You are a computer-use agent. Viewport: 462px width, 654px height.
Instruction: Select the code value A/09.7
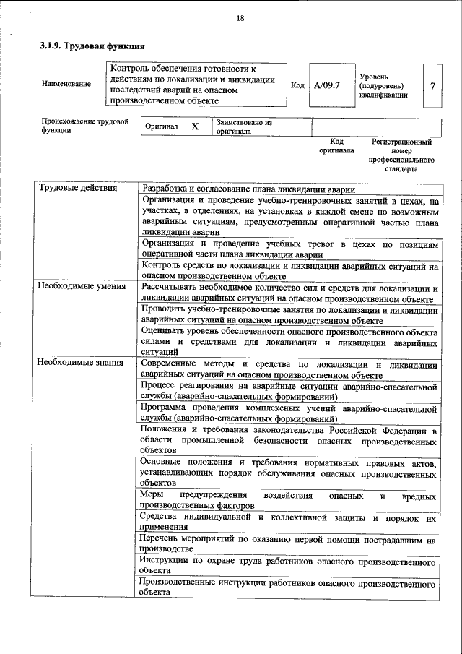327,85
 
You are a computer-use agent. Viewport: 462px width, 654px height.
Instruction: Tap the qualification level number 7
432,86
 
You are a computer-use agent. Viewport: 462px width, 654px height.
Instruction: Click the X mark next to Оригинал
194,126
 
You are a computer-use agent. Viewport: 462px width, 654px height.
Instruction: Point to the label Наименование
66,84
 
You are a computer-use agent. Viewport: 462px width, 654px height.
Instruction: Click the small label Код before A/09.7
297,85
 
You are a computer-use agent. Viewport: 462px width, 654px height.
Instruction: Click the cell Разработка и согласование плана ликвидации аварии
249,188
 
